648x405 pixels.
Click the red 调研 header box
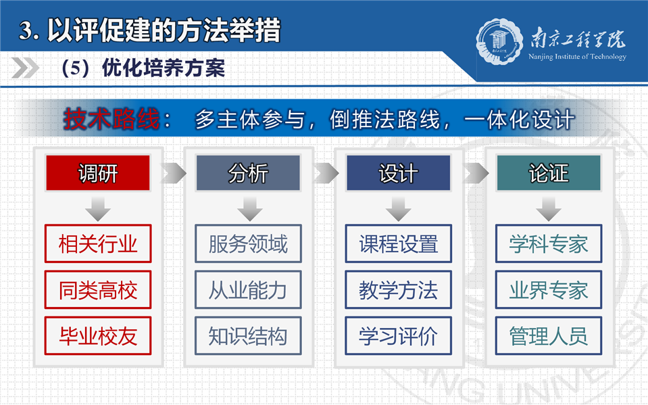98,173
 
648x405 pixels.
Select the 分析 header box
248,173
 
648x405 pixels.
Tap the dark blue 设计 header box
399,173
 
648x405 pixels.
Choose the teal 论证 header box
549,173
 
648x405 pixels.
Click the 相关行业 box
98,243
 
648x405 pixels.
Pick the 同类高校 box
98,289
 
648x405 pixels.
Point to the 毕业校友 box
98,335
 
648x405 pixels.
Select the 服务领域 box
248,243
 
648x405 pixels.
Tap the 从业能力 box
248,289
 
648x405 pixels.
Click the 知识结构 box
248,335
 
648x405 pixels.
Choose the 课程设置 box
399,243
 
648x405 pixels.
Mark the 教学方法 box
399,289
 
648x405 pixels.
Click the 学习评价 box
399,335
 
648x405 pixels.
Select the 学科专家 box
549,243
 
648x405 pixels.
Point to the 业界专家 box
549,289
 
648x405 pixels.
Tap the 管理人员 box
549,335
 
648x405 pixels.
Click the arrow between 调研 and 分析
174,173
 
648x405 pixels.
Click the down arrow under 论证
549,209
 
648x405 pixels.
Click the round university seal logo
499,42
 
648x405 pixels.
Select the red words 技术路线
111,119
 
